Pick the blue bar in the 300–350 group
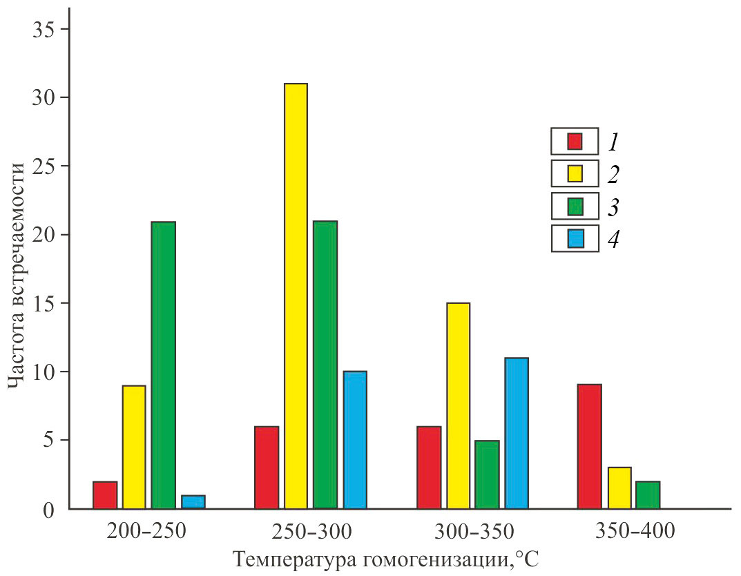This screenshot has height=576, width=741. [x=517, y=433]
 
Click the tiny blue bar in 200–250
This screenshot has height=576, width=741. [x=193, y=502]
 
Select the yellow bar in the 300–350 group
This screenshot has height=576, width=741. [x=458, y=405]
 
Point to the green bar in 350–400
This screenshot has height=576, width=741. [x=648, y=495]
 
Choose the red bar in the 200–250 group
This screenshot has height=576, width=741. [x=105, y=495]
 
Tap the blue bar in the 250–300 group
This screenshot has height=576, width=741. [x=355, y=440]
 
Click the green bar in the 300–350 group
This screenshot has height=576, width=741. [x=487, y=474]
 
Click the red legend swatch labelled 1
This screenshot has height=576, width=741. [x=575, y=141]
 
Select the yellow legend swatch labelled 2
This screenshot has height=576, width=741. [x=575, y=173]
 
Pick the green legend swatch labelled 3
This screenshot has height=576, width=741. [x=575, y=206]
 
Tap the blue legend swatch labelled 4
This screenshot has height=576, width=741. [x=575, y=238]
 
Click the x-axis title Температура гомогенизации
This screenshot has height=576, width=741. [x=385, y=559]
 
